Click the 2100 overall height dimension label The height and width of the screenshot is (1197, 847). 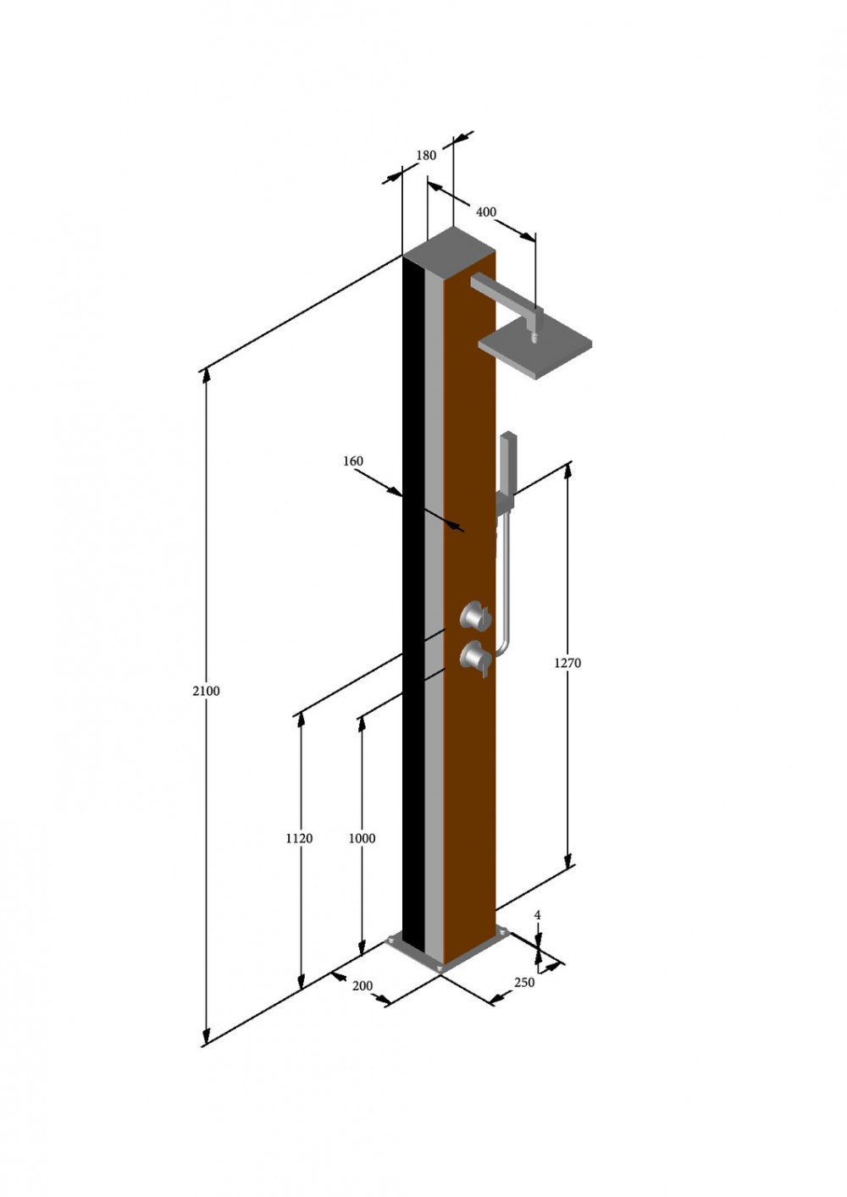[x=206, y=691]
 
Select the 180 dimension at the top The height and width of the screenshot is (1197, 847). [x=426, y=155]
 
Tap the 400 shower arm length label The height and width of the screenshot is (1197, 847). [x=486, y=212]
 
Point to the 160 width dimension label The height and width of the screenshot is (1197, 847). [x=353, y=461]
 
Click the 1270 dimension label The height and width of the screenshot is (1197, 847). [x=567, y=663]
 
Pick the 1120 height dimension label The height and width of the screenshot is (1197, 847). [x=299, y=838]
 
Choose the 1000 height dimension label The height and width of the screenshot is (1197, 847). [x=362, y=838]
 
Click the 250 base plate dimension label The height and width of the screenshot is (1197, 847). [x=524, y=982]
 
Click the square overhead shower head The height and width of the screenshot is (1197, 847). [x=535, y=350]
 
